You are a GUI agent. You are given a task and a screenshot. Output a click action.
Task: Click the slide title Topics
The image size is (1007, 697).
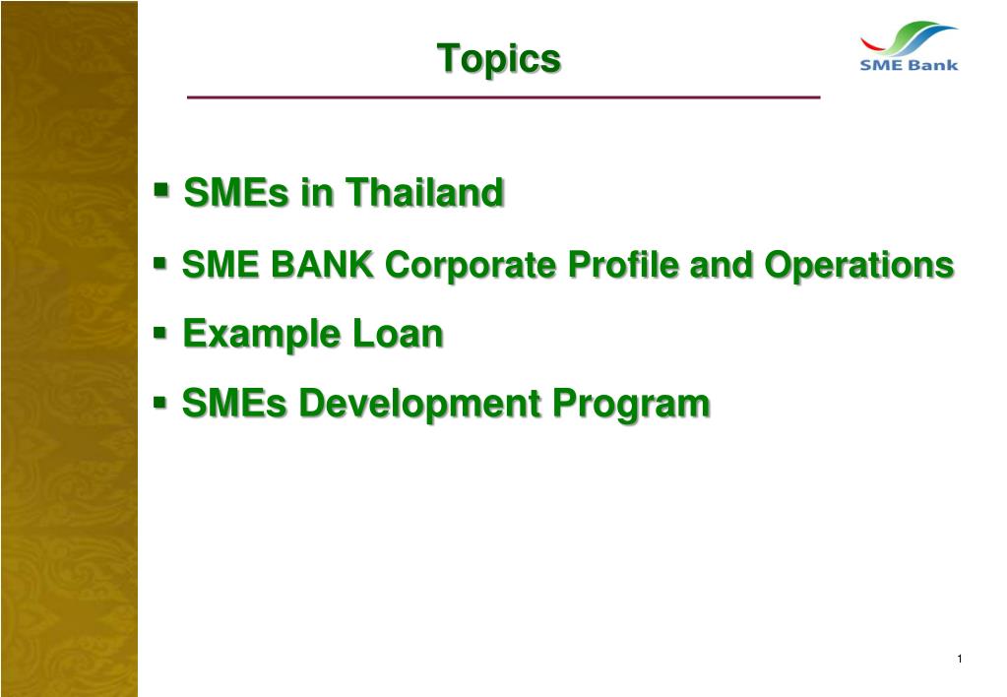click(x=499, y=58)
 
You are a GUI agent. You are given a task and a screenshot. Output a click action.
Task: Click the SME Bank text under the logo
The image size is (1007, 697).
click(x=909, y=66)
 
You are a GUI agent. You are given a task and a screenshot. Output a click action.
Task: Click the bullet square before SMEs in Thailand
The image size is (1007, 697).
click(x=162, y=188)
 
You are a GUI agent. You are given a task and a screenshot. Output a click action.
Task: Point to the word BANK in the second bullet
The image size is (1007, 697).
click(x=320, y=265)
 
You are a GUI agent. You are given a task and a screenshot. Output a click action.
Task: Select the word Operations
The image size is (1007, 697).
click(x=859, y=265)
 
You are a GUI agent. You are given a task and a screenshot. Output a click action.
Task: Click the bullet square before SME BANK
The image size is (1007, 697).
click(x=160, y=263)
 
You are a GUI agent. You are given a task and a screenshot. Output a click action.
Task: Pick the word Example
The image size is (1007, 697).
click(x=261, y=335)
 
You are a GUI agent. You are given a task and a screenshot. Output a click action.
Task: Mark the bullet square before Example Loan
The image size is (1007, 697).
click(x=161, y=333)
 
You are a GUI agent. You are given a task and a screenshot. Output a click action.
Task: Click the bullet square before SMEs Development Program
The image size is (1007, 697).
click(x=161, y=402)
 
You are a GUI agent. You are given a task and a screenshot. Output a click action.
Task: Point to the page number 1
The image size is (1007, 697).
click(x=958, y=659)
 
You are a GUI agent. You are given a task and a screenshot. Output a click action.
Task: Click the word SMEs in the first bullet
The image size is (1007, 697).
click(x=237, y=193)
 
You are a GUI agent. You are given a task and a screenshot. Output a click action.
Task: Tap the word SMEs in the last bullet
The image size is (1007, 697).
click(x=235, y=404)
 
